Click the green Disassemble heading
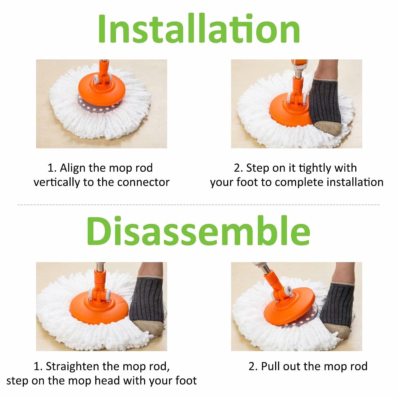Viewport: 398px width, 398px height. click(x=198, y=231)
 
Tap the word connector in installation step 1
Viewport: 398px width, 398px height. click(x=143, y=182)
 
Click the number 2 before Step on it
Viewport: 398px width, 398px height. click(x=237, y=168)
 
